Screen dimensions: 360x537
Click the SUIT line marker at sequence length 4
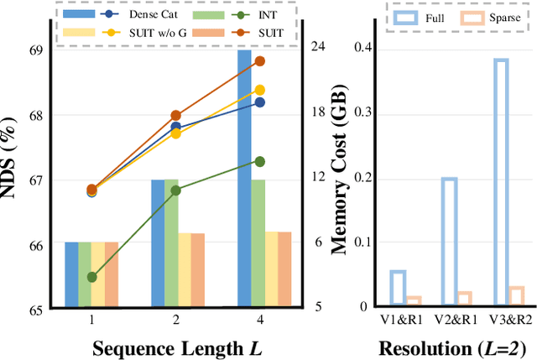tap(259, 61)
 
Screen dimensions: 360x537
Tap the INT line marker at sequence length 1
tap(91, 277)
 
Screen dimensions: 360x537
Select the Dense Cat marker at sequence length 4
tap(259, 102)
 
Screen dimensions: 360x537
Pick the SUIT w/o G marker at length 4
tap(259, 90)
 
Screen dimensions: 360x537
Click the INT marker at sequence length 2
tap(175, 190)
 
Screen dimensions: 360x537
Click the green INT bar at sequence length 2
tap(170, 243)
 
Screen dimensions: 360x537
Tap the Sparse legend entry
tap(503, 16)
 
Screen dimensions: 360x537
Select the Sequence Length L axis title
tap(175, 347)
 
